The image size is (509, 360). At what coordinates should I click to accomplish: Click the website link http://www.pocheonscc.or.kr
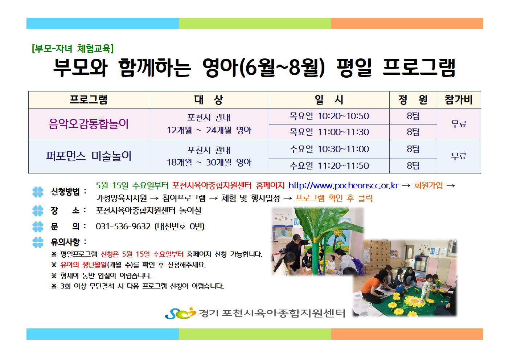343,186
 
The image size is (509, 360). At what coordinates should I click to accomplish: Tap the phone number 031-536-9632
123,226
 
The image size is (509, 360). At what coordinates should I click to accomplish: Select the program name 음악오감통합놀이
89,124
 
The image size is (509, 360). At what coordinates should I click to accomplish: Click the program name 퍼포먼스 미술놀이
89,156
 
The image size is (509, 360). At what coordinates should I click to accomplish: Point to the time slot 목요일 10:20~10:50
329,116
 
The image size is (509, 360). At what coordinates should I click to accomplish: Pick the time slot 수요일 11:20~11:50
329,166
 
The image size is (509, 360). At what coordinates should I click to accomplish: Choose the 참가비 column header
459,100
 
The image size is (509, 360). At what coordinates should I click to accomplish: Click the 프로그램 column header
89,100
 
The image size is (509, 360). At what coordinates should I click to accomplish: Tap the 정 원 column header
413,100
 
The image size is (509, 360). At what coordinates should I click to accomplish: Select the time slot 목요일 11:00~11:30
329,132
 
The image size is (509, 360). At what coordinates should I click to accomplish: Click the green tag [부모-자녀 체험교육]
73,48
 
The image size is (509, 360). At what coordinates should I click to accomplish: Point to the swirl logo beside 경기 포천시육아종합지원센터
180,313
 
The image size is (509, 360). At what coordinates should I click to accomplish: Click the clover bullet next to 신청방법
38,192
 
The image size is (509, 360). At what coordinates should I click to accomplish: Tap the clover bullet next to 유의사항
38,242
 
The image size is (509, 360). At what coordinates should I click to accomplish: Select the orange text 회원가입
428,185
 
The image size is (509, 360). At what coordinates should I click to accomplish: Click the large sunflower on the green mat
414,301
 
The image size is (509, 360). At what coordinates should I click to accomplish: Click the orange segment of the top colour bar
407,24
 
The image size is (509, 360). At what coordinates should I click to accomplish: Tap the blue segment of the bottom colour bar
103,334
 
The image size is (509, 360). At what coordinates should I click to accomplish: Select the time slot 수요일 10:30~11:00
329,149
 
